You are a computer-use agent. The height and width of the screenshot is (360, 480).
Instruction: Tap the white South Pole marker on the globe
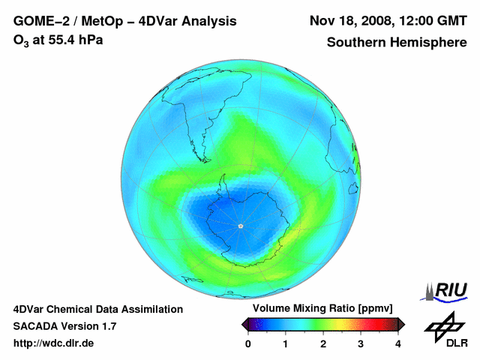pyautogui.click(x=240, y=226)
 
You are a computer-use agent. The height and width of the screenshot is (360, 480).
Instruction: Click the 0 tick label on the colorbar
pyautogui.click(x=248, y=343)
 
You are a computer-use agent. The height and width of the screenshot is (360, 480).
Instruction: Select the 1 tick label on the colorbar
pyautogui.click(x=286, y=343)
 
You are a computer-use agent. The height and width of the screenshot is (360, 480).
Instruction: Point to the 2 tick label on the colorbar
pyautogui.click(x=323, y=343)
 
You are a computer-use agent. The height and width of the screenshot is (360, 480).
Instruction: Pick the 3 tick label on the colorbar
pyautogui.click(x=361, y=343)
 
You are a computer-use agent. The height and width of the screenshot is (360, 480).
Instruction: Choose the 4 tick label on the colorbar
pyautogui.click(x=398, y=343)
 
